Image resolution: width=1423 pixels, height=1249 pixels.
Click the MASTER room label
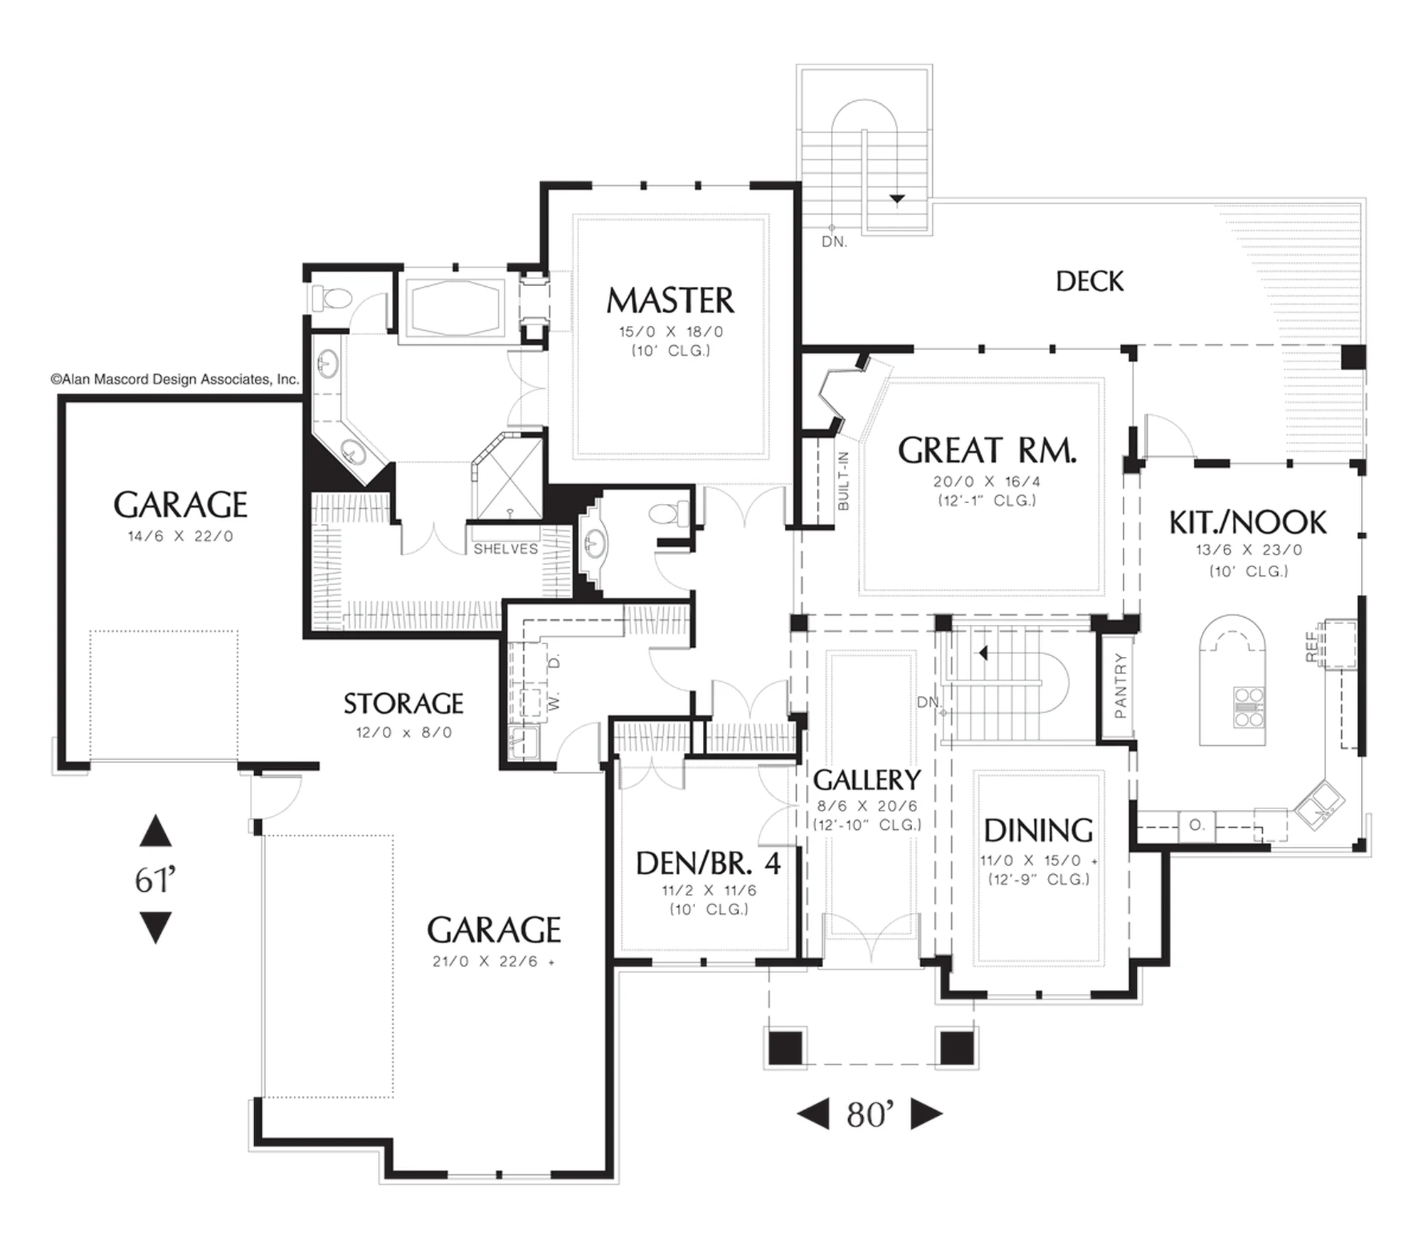[670, 300]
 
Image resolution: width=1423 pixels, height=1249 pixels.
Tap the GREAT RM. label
[987, 450]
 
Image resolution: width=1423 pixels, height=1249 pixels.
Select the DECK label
[1089, 282]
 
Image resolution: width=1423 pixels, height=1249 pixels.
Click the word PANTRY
[1121, 686]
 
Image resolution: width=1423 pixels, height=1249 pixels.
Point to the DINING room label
[1038, 831]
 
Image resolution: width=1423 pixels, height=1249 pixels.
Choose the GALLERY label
[867, 780]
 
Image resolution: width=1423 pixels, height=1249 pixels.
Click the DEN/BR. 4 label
[708, 863]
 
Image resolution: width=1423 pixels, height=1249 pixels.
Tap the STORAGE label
[403, 704]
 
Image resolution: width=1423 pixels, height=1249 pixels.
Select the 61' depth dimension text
[155, 880]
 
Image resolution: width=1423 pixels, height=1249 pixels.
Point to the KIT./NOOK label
[1248, 523]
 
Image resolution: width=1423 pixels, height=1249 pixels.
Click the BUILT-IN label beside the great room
[843, 481]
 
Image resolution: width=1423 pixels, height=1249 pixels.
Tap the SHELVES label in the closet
[506, 549]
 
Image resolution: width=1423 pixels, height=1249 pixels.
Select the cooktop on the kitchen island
[1249, 707]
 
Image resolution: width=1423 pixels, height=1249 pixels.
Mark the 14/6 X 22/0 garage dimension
[181, 537]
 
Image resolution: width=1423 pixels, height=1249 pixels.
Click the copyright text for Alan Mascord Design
[175, 379]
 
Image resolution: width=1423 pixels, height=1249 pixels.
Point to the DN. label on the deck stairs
[835, 242]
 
